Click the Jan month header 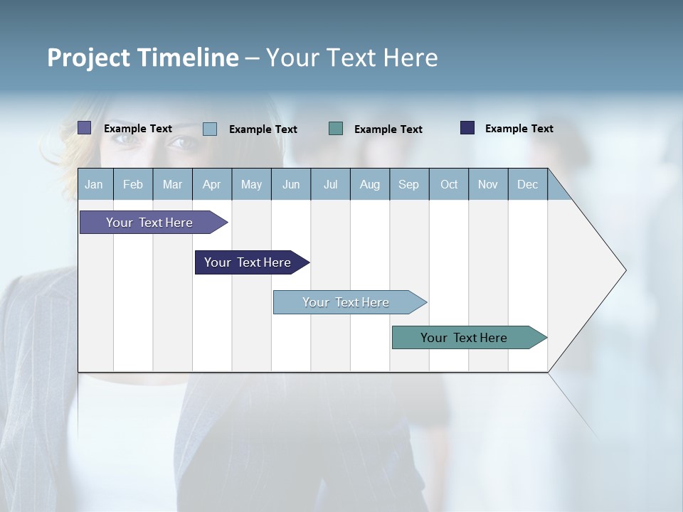94,184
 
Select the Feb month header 133,184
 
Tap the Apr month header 212,184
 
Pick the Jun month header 291,184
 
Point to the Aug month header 370,184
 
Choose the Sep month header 409,184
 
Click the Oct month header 449,184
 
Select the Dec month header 528,184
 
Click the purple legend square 85,128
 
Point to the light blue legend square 210,129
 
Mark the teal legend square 336,129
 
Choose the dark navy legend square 467,128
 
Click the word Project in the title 88,58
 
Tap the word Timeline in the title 188,58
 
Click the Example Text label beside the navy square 519,129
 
